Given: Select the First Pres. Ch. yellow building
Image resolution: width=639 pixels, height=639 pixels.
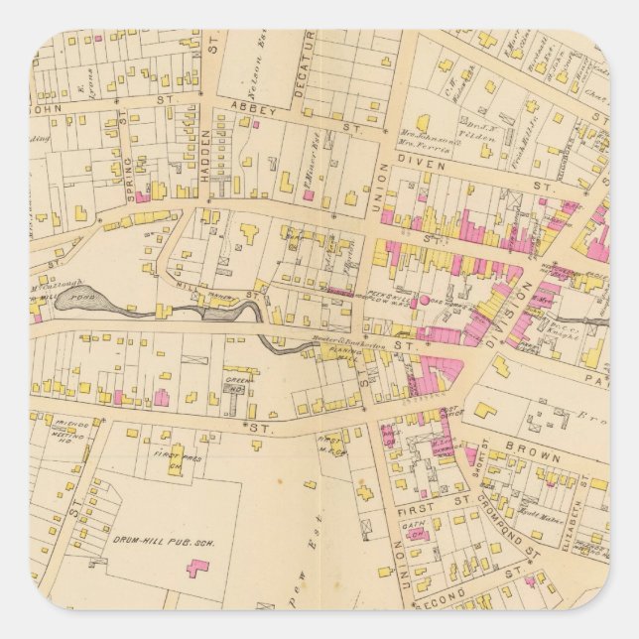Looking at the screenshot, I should point(176,463).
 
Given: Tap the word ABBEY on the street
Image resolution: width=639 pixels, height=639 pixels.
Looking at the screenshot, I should point(246,104).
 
